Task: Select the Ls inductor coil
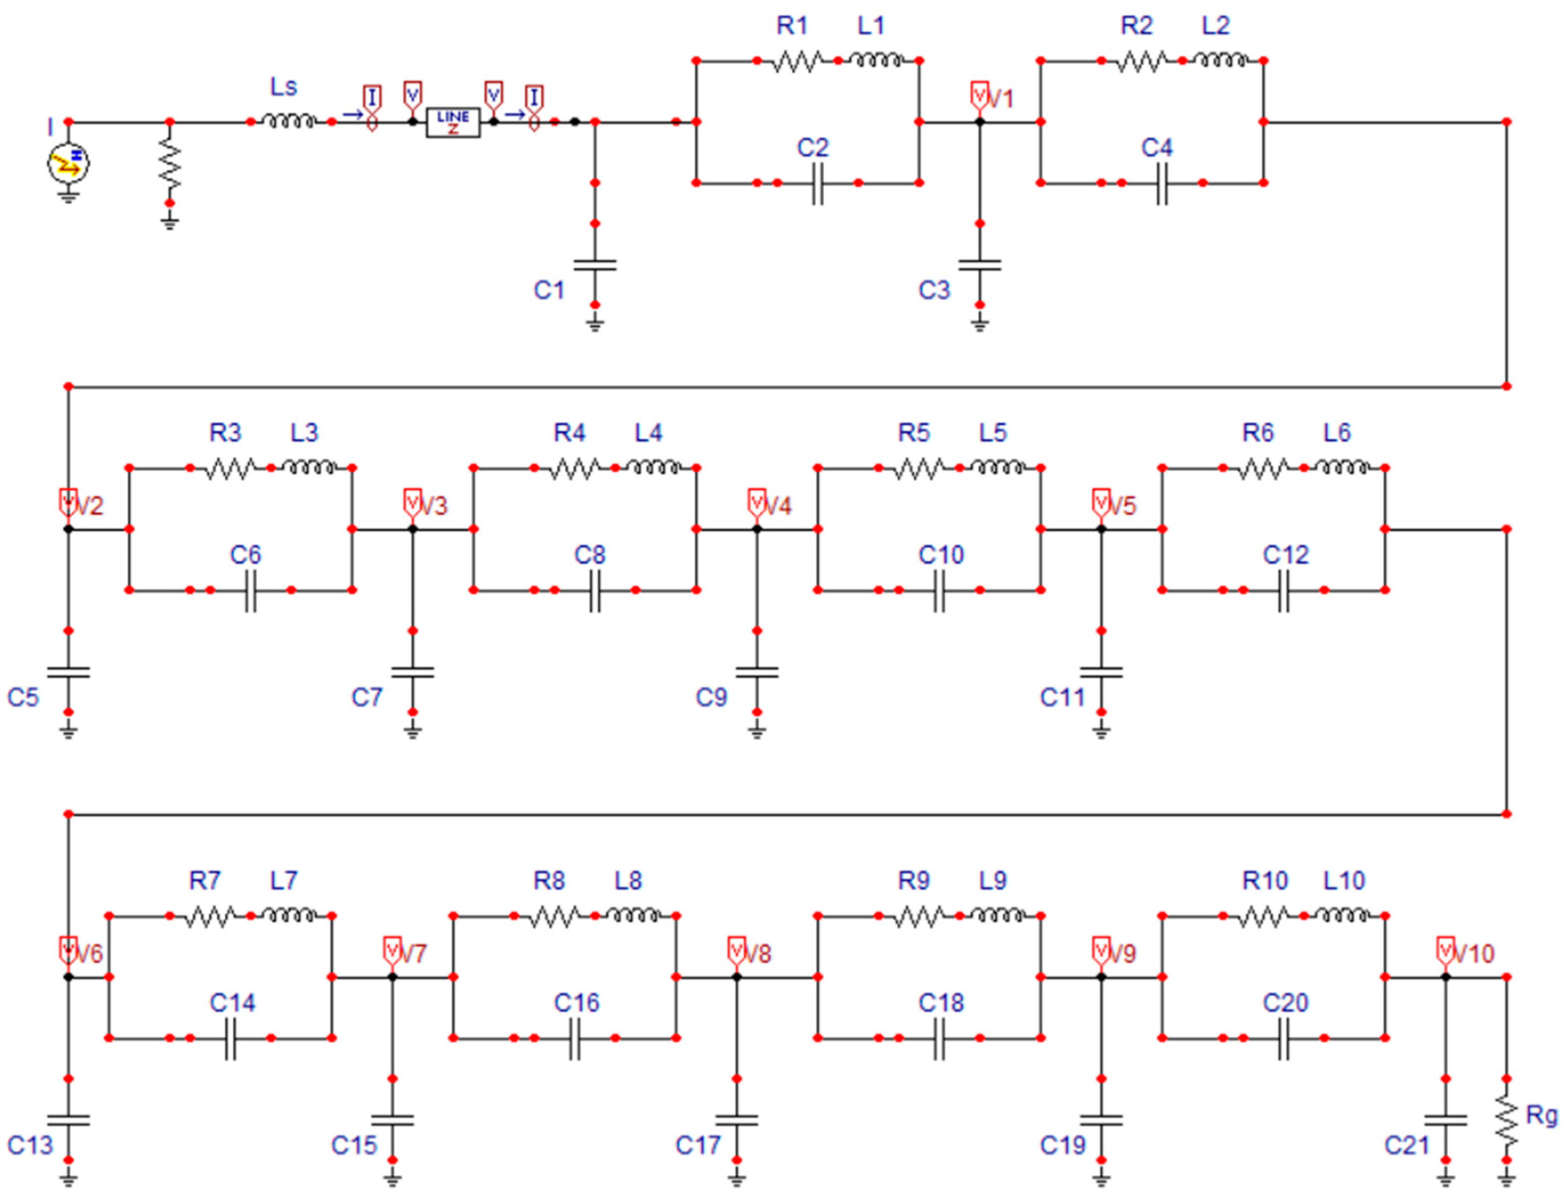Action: (289, 122)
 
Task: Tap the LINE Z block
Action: (453, 122)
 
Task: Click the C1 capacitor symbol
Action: (595, 265)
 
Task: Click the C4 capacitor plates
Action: (1162, 183)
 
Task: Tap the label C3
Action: (934, 290)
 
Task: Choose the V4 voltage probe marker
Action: (757, 502)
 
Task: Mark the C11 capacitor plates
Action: (1101, 672)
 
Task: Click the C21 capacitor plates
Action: (1445, 1120)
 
